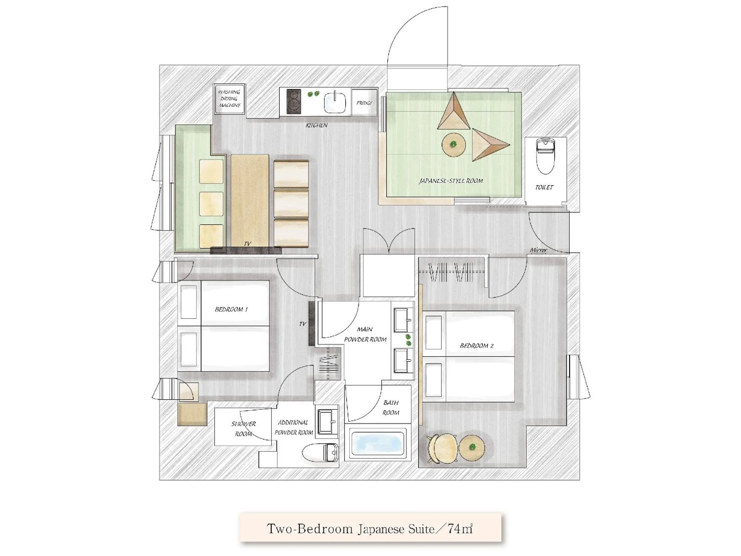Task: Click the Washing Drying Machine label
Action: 229,99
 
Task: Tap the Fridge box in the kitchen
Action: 365,103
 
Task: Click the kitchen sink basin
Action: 334,102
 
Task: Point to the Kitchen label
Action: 316,125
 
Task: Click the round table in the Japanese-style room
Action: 453,145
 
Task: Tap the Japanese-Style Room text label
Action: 451,181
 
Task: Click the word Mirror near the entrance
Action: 538,250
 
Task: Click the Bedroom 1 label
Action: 231,309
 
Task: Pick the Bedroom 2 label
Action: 476,345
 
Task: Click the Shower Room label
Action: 243,429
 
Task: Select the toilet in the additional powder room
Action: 321,452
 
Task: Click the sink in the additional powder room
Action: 327,421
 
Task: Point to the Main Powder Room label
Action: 365,334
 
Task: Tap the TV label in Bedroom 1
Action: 302,324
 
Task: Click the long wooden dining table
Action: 250,200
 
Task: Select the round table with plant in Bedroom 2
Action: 472,447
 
